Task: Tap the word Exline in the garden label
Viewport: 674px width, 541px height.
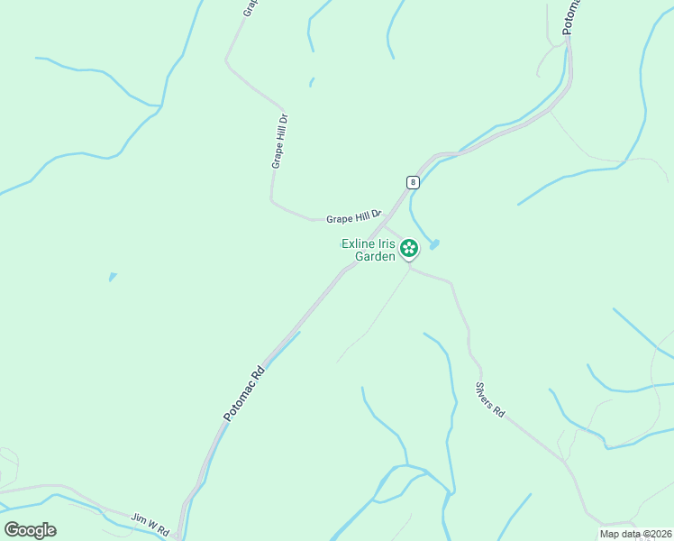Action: [x=358, y=243]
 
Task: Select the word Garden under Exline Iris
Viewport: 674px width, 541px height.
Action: [x=375, y=256]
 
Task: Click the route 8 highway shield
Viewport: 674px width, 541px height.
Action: [x=413, y=181]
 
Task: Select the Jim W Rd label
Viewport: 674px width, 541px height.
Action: [x=150, y=524]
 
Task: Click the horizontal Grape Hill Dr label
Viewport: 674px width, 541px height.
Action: [x=354, y=217]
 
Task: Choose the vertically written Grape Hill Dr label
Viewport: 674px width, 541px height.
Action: [x=279, y=141]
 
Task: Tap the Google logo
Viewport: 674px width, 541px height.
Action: [x=30, y=530]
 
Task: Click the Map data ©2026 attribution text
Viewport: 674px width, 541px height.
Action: [x=635, y=534]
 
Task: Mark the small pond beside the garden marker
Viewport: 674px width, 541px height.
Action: [x=434, y=244]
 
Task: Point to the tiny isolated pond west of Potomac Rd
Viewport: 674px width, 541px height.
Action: [x=112, y=277]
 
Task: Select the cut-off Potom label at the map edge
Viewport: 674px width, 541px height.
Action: [x=571, y=16]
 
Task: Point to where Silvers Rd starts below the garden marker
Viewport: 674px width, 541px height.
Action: [x=410, y=268]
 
